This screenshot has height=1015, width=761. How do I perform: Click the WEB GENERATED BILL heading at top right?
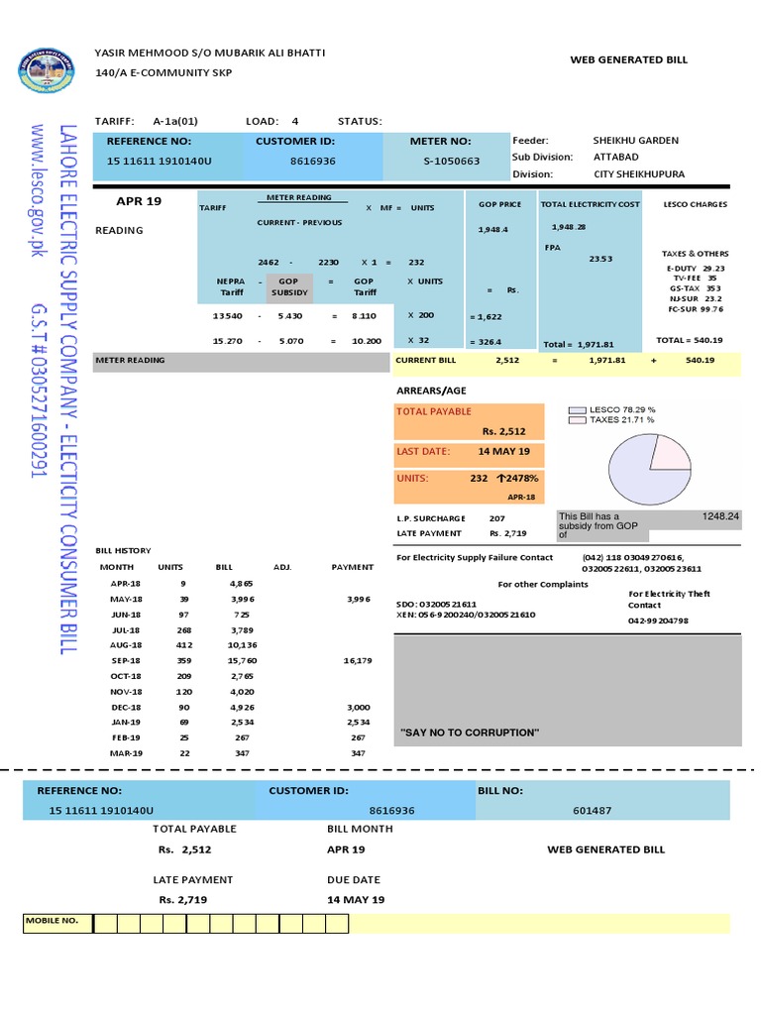click(628, 60)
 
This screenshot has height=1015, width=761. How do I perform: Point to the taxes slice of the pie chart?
click(670, 452)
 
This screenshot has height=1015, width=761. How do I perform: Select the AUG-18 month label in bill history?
click(126, 643)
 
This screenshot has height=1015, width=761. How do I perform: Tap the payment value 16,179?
click(358, 660)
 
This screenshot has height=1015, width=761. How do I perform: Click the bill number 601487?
click(592, 810)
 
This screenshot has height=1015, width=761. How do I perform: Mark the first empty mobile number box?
click(105, 924)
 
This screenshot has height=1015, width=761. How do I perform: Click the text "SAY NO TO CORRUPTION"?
click(470, 733)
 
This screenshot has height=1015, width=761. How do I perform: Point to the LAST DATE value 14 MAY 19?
click(503, 451)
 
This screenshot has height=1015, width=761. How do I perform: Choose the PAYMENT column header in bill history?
click(352, 567)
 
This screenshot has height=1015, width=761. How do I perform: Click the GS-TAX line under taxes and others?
click(694, 288)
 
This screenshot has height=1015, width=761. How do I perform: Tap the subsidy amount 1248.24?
click(720, 516)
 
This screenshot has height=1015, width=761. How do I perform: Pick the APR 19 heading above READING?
click(139, 201)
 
